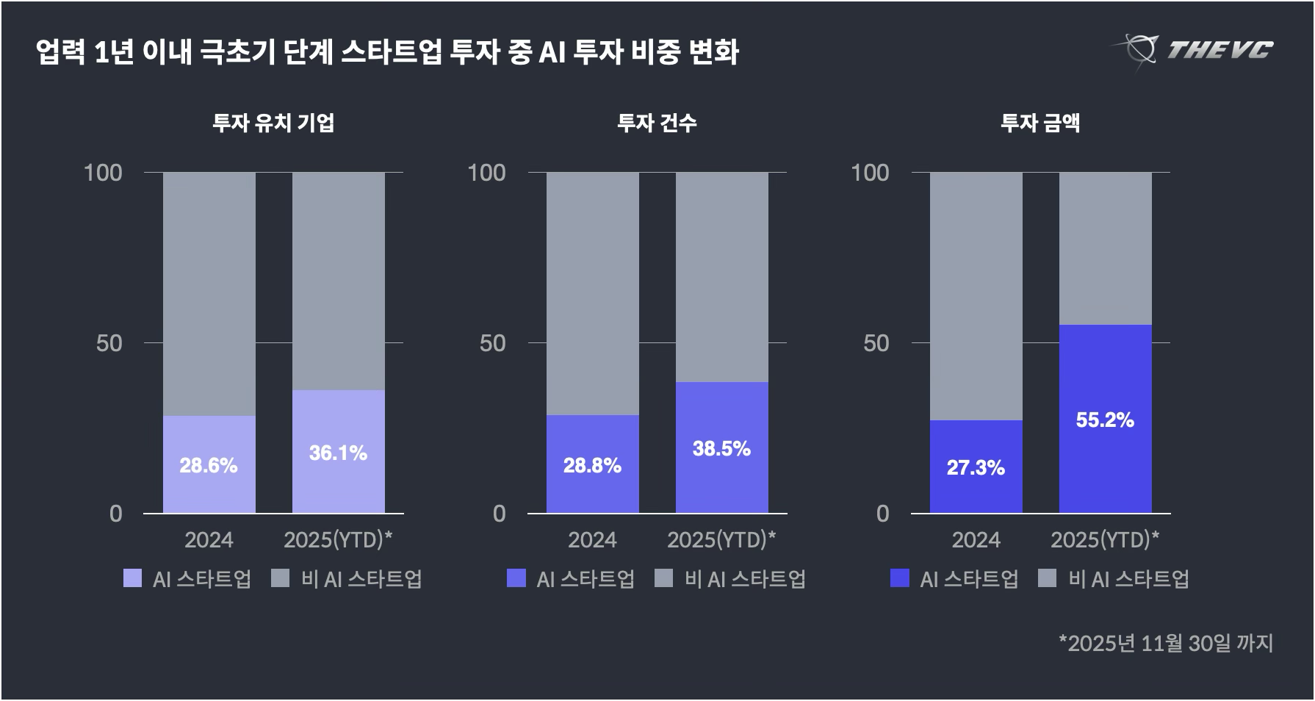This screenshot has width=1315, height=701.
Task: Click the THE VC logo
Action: pos(1192,50)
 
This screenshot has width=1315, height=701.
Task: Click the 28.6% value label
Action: pos(209,465)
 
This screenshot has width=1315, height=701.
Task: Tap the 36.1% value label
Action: pos(338,453)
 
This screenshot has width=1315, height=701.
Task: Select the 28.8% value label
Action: pos(592,465)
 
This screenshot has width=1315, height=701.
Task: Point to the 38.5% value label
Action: pos(721,448)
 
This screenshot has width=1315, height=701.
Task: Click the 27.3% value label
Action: pos(976,467)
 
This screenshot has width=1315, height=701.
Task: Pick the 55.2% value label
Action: pos(1105,420)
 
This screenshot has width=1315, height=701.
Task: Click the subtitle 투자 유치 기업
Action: pos(273,123)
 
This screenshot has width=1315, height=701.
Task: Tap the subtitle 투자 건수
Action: pos(657,123)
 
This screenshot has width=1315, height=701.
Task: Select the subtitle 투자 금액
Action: pos(1040,123)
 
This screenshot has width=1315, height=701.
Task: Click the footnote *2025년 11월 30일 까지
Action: pos(1165,643)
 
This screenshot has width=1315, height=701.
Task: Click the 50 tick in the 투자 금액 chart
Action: pos(876,343)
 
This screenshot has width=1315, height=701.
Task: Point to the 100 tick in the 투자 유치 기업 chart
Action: pos(103,173)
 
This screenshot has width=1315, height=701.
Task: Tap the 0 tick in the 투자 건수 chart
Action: pos(500,514)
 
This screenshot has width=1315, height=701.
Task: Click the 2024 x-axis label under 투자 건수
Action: pos(592,540)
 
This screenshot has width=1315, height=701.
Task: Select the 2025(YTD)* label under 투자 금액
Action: pos(1105,540)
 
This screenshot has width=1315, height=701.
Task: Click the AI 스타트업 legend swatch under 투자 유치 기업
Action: pos(132,578)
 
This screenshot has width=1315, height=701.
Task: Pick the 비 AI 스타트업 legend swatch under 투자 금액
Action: pos(1047,578)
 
